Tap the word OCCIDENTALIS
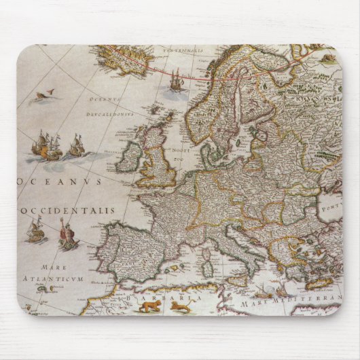67,211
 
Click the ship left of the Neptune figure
35,231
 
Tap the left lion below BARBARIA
146,308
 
